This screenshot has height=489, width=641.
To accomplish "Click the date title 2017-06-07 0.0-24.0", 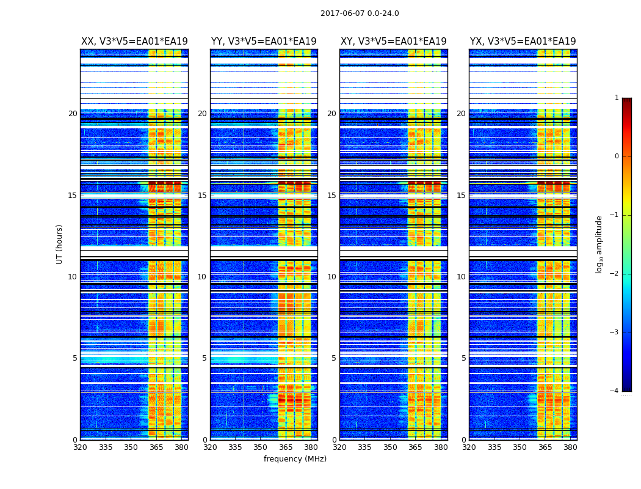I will pyautogui.click(x=360, y=13).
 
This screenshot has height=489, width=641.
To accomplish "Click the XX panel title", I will pyautogui.click(x=134, y=42).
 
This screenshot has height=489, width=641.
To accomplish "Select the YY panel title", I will pyautogui.click(x=264, y=42).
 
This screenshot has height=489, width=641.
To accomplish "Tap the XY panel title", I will pyautogui.click(x=393, y=42).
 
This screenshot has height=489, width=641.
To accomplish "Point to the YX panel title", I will pyautogui.click(x=523, y=42).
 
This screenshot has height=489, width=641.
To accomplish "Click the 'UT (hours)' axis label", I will pyautogui.click(x=60, y=244).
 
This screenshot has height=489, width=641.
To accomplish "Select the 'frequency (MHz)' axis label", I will pyautogui.click(x=295, y=459).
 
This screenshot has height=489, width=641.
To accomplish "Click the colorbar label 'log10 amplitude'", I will pyautogui.click(x=599, y=244).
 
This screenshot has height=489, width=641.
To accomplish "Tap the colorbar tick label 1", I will pyautogui.click(x=617, y=98).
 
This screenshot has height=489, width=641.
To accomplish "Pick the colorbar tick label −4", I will pyautogui.click(x=615, y=391).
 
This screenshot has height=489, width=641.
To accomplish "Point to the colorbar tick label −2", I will pyautogui.click(x=615, y=274).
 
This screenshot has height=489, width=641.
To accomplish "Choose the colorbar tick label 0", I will pyautogui.click(x=617, y=156).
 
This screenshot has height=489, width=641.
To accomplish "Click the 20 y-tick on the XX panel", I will pyautogui.click(x=73, y=114).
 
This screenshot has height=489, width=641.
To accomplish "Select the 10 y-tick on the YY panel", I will pyautogui.click(x=202, y=277).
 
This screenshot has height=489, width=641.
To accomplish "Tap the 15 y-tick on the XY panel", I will pyautogui.click(x=331, y=196).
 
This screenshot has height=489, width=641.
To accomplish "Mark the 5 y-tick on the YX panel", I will pyautogui.click(x=463, y=358).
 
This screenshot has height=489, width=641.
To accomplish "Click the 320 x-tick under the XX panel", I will pyautogui.click(x=80, y=447).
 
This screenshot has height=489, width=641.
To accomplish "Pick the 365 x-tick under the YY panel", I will pyautogui.click(x=286, y=447).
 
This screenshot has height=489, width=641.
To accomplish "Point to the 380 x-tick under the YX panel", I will pyautogui.click(x=570, y=447).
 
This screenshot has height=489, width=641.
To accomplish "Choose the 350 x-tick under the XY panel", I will pyautogui.click(x=390, y=447).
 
